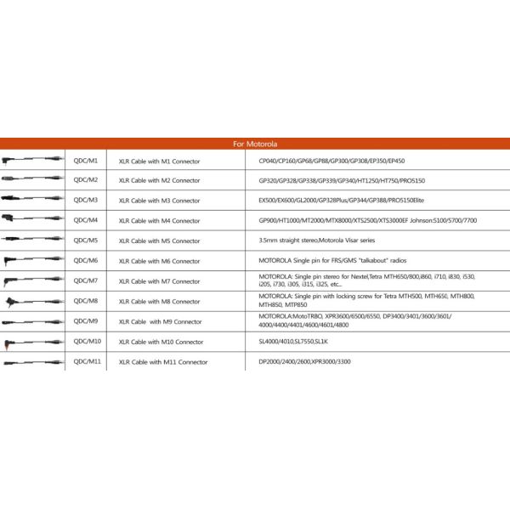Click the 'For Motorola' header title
tap(255, 144)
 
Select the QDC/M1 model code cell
tap(86, 160)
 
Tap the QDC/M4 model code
tap(86, 220)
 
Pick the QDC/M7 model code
tap(86, 280)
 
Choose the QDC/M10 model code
tap(88, 341)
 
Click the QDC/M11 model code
tap(88, 361)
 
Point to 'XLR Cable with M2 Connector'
tap(160, 180)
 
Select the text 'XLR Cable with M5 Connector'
tap(160, 241)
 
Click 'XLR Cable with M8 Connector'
tap(160, 301)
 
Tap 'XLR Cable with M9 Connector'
tap(161, 321)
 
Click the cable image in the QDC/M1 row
tap(32, 160)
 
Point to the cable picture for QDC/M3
tap(32, 201)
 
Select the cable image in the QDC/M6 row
tap(32, 261)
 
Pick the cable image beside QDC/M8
tap(32, 301)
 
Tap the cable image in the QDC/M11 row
tap(32, 362)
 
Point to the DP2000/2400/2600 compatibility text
tap(304, 361)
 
